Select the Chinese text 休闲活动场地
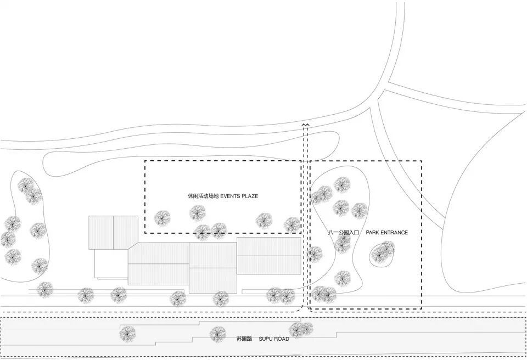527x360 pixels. point(203,196)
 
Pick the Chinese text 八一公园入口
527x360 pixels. point(344,233)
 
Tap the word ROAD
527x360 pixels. point(282,339)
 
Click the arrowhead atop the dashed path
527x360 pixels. point(305,126)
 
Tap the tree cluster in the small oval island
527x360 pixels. point(383,252)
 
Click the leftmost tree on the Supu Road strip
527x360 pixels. point(127,333)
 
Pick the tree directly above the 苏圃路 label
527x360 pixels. point(218,333)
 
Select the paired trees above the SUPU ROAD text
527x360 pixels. point(300,329)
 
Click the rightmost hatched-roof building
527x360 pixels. point(269,256)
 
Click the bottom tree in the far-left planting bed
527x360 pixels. point(40,266)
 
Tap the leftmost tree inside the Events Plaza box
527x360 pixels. point(162,218)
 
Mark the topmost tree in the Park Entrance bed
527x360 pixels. point(341,185)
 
